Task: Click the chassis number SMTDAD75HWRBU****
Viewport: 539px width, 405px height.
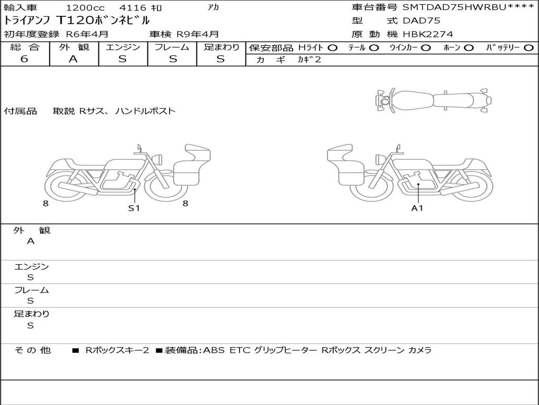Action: (x=468, y=7)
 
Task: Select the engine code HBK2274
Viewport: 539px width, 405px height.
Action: (x=428, y=34)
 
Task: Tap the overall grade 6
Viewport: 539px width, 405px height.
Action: (x=24, y=59)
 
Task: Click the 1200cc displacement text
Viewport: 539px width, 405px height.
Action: (x=85, y=7)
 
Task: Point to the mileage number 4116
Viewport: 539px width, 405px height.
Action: (x=133, y=7)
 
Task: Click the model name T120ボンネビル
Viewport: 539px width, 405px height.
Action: (x=103, y=21)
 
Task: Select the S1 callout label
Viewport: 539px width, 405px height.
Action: (x=134, y=208)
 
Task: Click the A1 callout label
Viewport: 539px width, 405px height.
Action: (x=417, y=208)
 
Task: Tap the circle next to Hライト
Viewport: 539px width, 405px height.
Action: (x=333, y=48)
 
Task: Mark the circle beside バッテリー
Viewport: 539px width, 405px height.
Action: (x=528, y=48)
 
